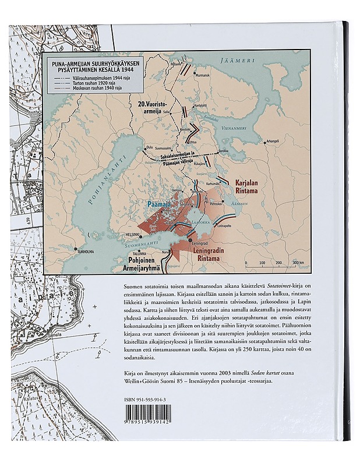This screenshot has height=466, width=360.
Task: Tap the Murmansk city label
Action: (x=202, y=76)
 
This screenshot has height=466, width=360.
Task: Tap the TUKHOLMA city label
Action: (x=86, y=252)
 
